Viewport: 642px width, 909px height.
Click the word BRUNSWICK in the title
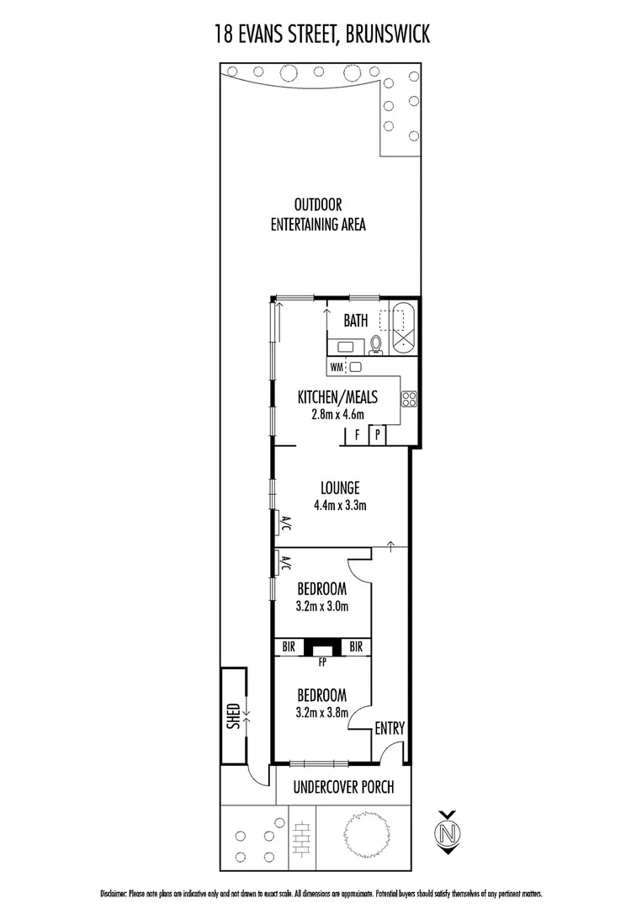coord(384,34)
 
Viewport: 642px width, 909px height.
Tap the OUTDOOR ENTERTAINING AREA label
coord(318,215)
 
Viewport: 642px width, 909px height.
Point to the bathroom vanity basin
coord(346,345)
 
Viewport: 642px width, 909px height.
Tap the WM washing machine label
coord(337,367)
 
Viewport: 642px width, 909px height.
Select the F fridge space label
coord(358,435)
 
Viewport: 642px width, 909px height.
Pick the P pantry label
coord(379,435)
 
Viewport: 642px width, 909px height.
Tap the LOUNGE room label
coord(340,487)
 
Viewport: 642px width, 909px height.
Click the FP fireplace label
coord(322,662)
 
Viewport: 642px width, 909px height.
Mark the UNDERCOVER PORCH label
coord(343,788)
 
